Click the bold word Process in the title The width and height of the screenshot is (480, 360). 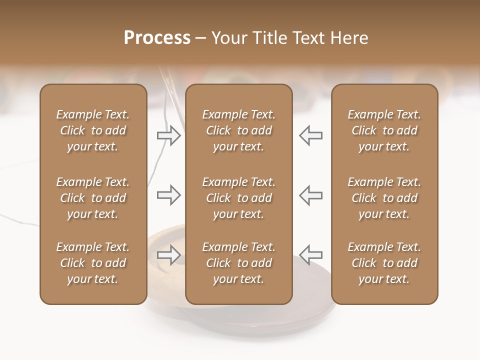tap(157, 38)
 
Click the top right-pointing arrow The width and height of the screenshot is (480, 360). tap(168, 135)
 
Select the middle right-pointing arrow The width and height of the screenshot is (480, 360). tap(168, 195)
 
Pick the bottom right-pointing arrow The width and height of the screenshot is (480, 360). tap(168, 254)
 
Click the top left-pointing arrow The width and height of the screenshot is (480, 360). tap(311, 135)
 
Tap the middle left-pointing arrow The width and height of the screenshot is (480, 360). tap(311, 195)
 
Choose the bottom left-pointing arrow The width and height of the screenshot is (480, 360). tap(311, 254)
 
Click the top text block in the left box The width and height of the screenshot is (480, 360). tap(93, 130)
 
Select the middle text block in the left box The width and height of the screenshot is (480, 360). tap(93, 198)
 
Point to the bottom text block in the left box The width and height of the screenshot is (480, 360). tap(93, 263)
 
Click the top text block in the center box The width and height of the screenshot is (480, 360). tap(238, 130)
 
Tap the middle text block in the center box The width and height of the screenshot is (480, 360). tap(238, 198)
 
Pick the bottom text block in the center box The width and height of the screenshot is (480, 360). tap(238, 263)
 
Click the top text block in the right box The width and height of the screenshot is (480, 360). tap(384, 130)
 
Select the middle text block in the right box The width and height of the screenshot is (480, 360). tap(384, 198)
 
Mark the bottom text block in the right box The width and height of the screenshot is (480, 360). tap(384, 263)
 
